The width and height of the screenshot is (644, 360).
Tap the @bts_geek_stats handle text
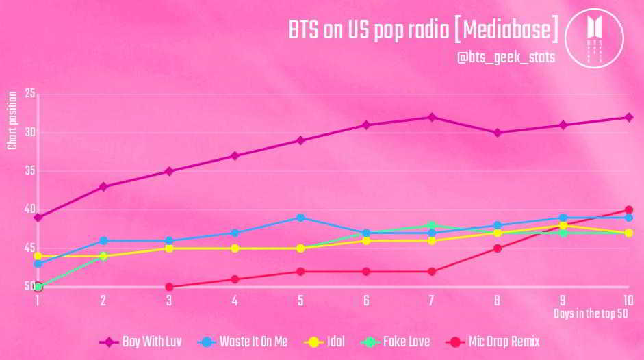click(506, 58)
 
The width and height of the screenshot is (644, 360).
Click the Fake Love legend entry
click(397, 342)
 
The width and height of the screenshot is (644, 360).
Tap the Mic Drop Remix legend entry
click(493, 342)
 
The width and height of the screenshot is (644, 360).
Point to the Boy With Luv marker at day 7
click(431, 117)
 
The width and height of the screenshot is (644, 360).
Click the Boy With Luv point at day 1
click(38, 218)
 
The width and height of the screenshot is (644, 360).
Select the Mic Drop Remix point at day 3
click(169, 287)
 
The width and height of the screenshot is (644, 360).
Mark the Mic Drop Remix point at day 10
click(628, 210)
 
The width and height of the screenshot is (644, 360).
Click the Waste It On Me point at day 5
click(300, 218)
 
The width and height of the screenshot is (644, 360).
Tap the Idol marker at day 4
click(235, 248)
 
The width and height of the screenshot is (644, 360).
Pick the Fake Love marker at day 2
click(103, 256)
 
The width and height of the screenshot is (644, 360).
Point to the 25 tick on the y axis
click(29, 94)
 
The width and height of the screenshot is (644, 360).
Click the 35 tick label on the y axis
click(29, 171)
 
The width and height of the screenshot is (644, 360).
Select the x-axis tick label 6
click(366, 300)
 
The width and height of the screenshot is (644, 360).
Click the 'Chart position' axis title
click(12, 123)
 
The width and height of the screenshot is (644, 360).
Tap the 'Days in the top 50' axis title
click(590, 313)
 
